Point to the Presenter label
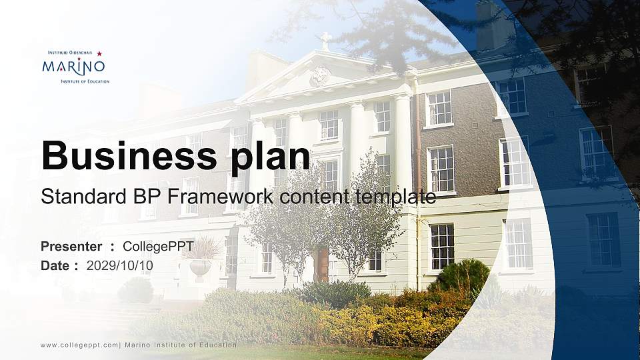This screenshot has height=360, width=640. coord(71,247)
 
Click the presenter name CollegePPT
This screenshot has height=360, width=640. coord(158,247)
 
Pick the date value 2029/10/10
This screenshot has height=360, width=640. coord(120,265)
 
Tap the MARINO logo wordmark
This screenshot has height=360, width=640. coord(73,67)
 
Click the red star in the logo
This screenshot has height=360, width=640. coord(99,53)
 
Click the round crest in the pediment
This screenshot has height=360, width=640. coord(320,76)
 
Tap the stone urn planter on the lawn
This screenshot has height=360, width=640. coord(200,267)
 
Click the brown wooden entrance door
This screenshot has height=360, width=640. coord(322,265)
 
